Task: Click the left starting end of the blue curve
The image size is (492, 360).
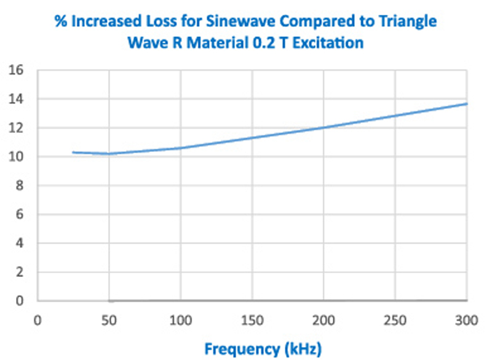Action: point(73,152)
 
